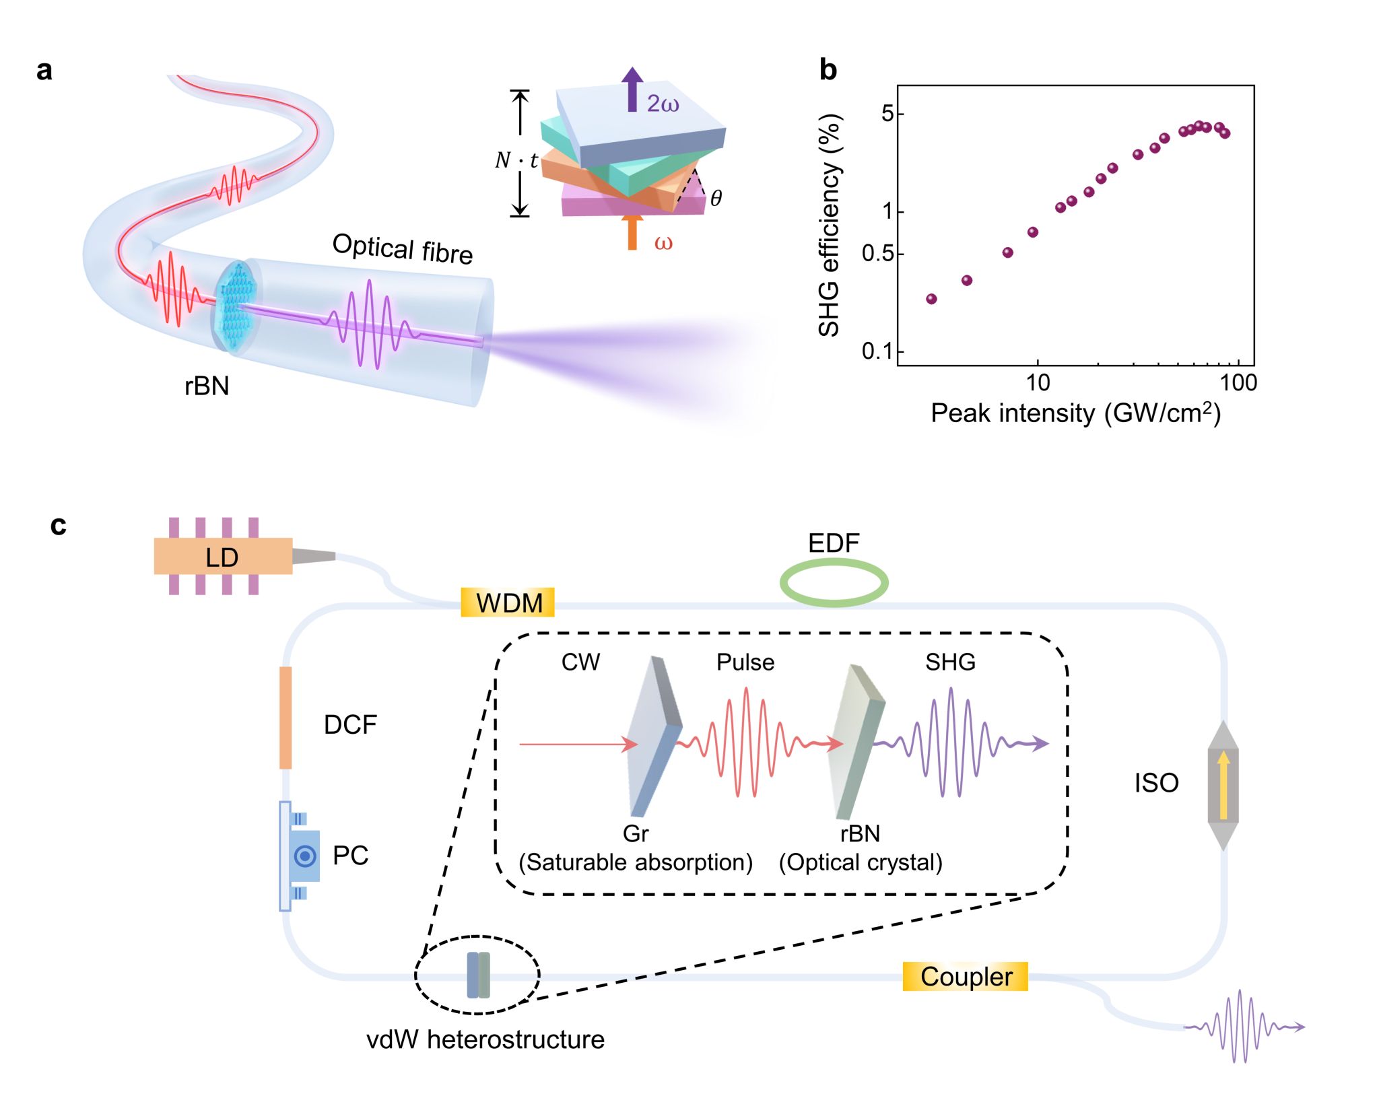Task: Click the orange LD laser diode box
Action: tap(223, 556)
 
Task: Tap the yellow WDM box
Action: tap(508, 603)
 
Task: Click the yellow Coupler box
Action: tap(965, 977)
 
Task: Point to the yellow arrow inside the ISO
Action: tap(1223, 785)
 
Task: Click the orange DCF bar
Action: tap(285, 718)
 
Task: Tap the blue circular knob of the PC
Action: tap(305, 856)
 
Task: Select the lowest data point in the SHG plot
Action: tap(931, 299)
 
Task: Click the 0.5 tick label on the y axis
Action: tap(877, 254)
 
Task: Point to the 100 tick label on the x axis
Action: tap(1238, 383)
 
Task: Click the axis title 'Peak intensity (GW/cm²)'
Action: tap(1075, 413)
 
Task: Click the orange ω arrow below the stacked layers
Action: tap(632, 233)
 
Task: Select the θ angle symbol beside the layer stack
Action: tap(716, 198)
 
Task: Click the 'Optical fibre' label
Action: tap(403, 248)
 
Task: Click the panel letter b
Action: tap(828, 70)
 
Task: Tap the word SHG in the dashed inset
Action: tap(950, 662)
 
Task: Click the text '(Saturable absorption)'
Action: tap(636, 862)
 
